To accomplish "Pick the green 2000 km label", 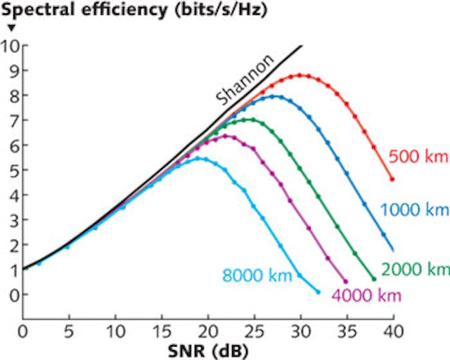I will click(415, 269).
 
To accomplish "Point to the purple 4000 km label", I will click(366, 295).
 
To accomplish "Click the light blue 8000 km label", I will click(257, 275).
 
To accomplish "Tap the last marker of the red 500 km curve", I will click(392, 179).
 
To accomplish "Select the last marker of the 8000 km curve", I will click(318, 291).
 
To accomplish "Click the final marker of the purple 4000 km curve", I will click(346, 281).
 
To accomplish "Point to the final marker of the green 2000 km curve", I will click(373, 279).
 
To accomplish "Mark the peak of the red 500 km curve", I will click(301, 75).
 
